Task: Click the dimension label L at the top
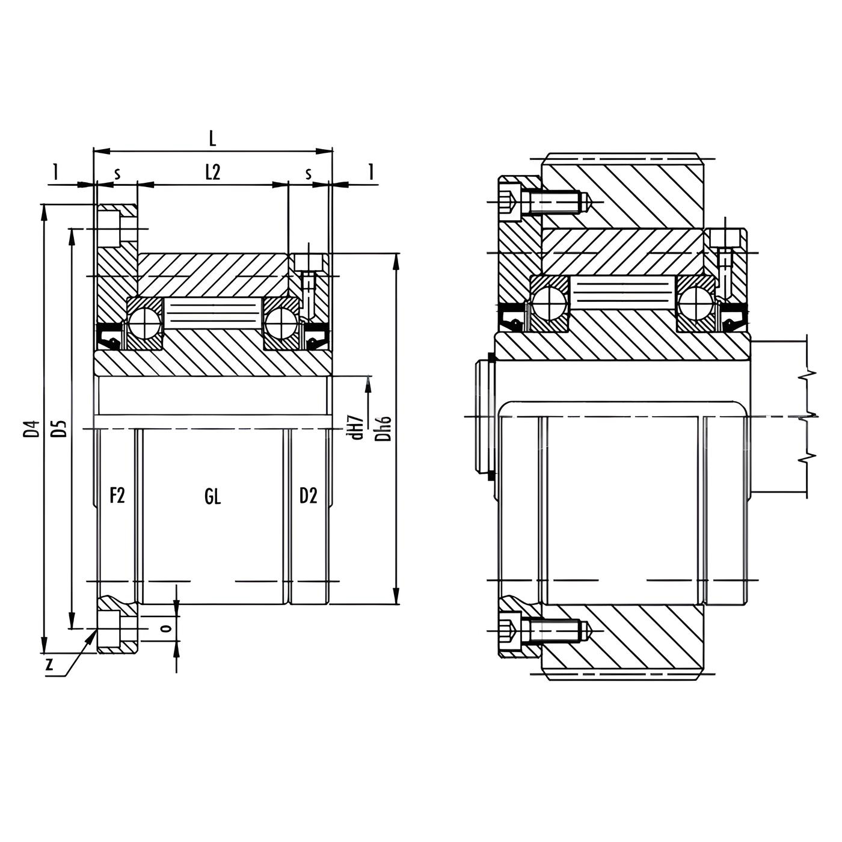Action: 212,139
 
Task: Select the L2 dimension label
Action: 212,173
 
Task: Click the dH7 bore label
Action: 358,427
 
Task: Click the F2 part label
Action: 117,496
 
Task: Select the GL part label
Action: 212,497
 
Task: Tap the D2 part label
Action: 309,496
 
